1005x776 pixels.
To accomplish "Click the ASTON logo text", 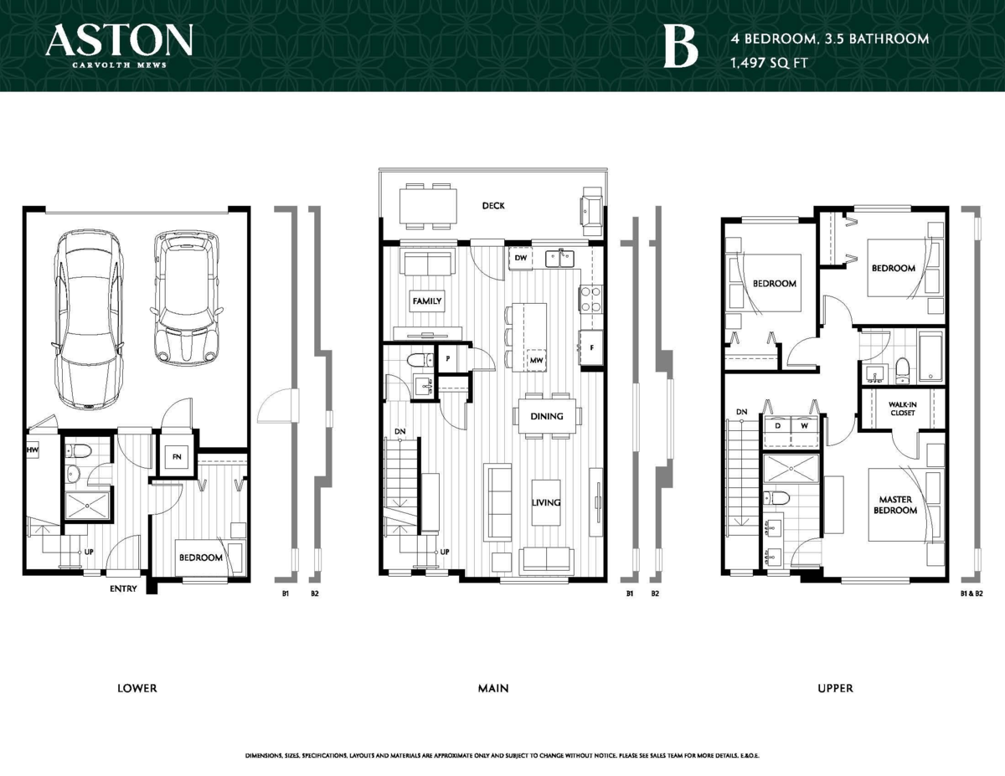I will point(120,40).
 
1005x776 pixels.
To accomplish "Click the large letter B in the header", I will point(679,47).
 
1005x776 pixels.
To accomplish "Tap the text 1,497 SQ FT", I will point(768,62).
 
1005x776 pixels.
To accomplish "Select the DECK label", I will point(493,205).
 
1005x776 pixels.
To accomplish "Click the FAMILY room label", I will point(426,301).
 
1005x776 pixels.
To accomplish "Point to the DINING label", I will point(546,416).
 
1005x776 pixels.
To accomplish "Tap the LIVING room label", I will point(545,503).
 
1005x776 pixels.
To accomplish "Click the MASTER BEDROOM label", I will point(895,505).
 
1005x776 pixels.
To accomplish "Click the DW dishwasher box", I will point(520,259).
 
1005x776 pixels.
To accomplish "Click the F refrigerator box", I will point(591,347).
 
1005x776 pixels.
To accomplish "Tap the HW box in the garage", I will point(33,450).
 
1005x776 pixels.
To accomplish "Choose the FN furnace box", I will point(177,458).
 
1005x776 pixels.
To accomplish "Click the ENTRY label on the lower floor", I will point(123,589).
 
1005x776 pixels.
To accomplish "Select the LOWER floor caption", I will point(137,688).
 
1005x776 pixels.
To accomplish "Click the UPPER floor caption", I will point(835,688).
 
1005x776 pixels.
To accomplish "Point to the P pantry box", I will point(449,357).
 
